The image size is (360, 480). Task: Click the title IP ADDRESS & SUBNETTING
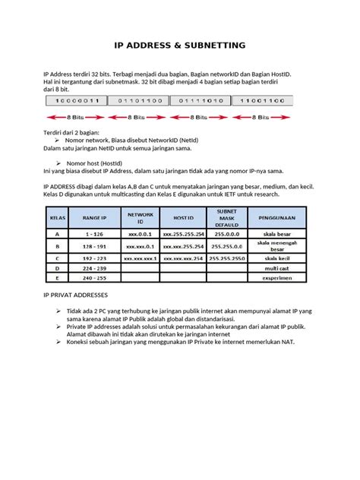click(x=179, y=46)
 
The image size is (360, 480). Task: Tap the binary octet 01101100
click(x=137, y=100)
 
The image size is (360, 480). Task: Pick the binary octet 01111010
click(x=199, y=100)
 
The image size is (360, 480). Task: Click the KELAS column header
click(x=57, y=218)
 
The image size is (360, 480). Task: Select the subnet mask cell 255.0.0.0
click(x=226, y=235)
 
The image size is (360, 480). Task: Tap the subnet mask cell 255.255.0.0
click(x=226, y=247)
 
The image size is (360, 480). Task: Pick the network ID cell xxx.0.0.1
click(x=140, y=235)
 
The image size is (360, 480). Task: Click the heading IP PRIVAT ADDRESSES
click(x=76, y=293)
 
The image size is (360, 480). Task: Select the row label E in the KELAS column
click(x=57, y=278)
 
